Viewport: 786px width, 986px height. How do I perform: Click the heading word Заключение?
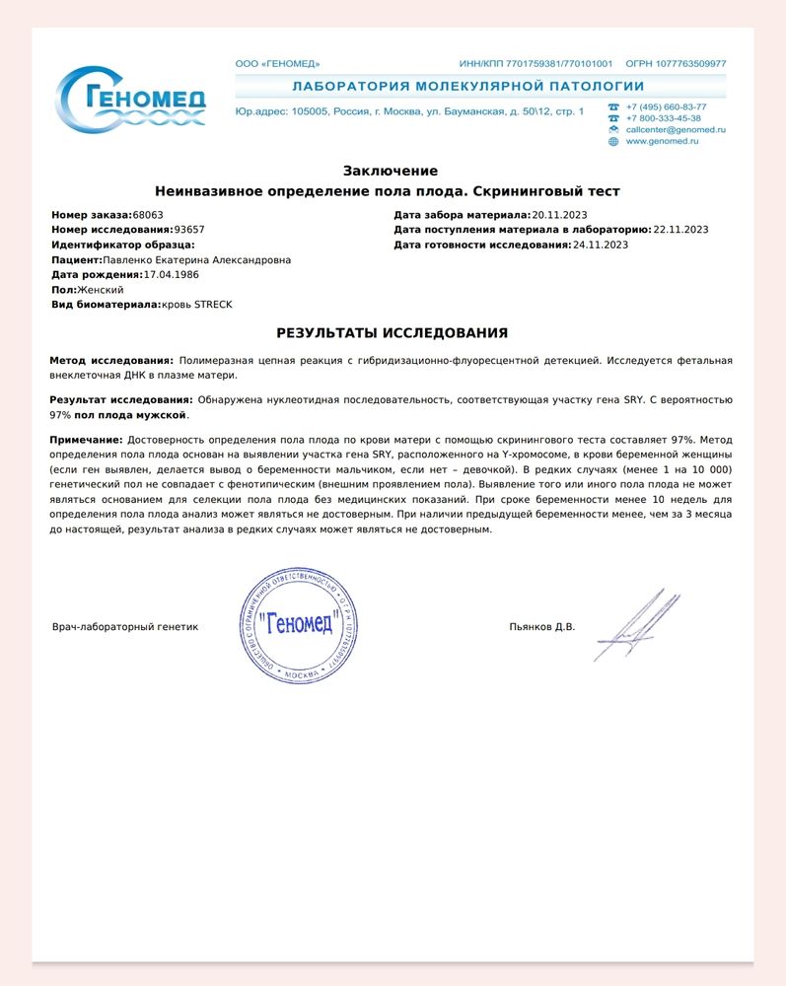pos(391,171)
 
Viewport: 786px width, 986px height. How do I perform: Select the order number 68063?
pos(148,214)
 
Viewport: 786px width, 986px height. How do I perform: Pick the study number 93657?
pos(189,229)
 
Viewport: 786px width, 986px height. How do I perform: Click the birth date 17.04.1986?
pos(171,274)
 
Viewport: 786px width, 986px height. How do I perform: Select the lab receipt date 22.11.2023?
pos(681,229)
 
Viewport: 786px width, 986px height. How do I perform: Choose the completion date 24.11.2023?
pos(601,244)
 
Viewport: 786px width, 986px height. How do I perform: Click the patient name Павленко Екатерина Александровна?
pos(197,259)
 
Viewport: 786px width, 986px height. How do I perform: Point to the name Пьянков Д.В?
pos(542,626)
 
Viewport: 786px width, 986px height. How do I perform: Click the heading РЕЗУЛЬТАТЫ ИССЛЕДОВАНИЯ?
pos(393,333)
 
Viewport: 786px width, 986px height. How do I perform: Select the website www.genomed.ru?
pos(662,141)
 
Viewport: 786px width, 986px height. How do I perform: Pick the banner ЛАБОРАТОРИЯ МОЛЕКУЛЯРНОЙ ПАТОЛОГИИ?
pos(468,87)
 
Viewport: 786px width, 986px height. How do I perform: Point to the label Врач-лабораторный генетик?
pos(125,626)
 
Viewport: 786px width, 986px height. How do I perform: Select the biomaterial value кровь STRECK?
pos(197,305)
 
